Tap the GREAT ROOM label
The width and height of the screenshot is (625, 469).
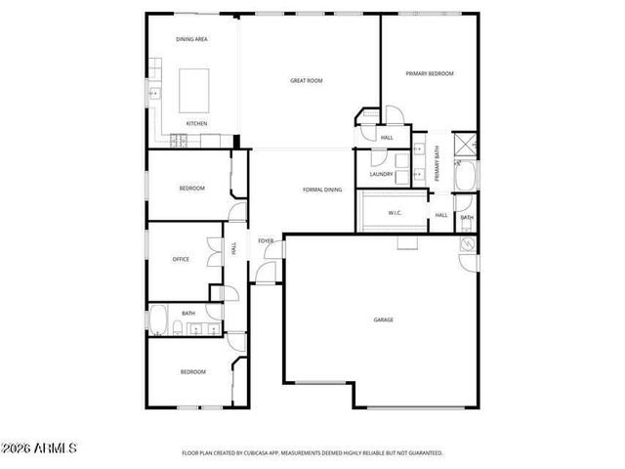tap(306, 80)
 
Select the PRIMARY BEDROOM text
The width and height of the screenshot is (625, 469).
tap(430, 73)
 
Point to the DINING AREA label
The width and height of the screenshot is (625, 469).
tap(191, 39)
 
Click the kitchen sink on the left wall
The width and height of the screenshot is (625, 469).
tap(153, 95)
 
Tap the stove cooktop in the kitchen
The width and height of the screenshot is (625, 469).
tap(179, 138)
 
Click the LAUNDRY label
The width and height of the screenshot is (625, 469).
tap(381, 175)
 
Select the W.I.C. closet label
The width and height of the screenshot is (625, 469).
tap(395, 212)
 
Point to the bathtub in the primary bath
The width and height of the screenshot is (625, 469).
tap(467, 177)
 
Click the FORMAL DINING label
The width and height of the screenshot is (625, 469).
tap(321, 190)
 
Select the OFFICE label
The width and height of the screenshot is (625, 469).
tap(181, 259)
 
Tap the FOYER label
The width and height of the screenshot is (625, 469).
tap(265, 240)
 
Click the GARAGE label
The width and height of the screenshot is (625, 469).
tap(383, 320)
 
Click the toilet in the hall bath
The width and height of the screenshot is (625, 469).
tap(183, 327)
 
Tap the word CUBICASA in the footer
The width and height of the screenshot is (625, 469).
tap(269, 453)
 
